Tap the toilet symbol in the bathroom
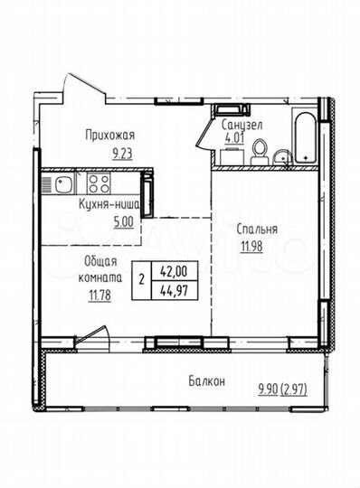pyautogui.click(x=279, y=156)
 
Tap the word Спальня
pyautogui.click(x=259, y=230)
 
